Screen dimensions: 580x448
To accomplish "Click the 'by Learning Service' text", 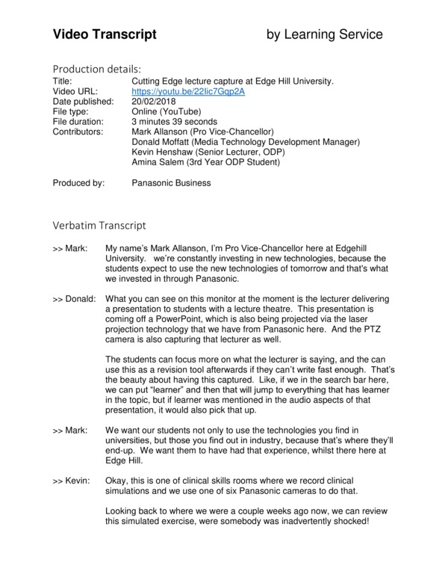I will (x=326, y=34).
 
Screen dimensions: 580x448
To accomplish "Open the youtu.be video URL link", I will (x=187, y=91).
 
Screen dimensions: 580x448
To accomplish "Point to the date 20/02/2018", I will (x=155, y=101).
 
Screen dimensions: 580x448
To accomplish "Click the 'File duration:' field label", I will (x=83, y=121).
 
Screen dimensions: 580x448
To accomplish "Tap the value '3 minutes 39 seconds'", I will (x=174, y=121).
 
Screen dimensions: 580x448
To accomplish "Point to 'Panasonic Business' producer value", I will (x=171, y=182).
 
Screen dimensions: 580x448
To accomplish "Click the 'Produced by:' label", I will (x=78, y=182).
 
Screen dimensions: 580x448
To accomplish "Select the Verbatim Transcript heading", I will (x=99, y=225).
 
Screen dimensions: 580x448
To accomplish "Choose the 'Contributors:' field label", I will (x=81, y=132).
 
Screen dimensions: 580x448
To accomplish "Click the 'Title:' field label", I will (x=63, y=81).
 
